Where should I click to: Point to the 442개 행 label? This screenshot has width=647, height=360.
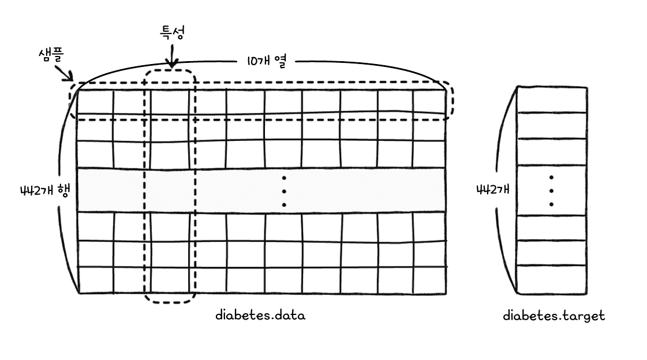tap(36, 191)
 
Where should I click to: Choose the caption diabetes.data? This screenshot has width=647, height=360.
tap(260, 316)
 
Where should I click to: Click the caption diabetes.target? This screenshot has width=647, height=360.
tap(553, 316)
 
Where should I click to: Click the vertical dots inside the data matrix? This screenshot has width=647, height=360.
tap(284, 191)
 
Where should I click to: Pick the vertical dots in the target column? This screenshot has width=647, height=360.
tap(552, 191)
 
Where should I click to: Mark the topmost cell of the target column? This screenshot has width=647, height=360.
tap(552, 99)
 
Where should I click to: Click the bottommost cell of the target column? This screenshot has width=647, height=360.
tap(552, 279)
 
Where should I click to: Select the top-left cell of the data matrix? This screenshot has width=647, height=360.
tap(95, 102)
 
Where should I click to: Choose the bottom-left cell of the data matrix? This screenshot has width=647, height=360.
tap(95, 280)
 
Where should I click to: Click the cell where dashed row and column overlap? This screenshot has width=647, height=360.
tap(170, 102)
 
